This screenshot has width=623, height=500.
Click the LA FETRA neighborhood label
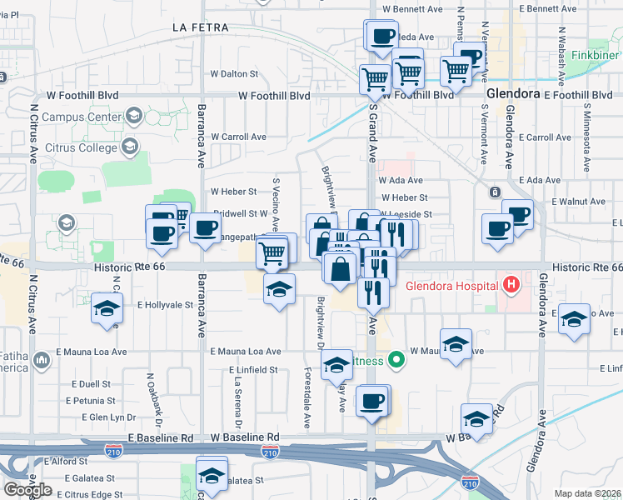200,27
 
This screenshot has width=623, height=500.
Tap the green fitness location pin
397,361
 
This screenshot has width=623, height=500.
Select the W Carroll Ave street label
238,137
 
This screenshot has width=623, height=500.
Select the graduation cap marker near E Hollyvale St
106,308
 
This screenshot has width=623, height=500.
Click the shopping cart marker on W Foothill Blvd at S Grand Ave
375,79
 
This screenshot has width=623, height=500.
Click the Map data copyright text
587,493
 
